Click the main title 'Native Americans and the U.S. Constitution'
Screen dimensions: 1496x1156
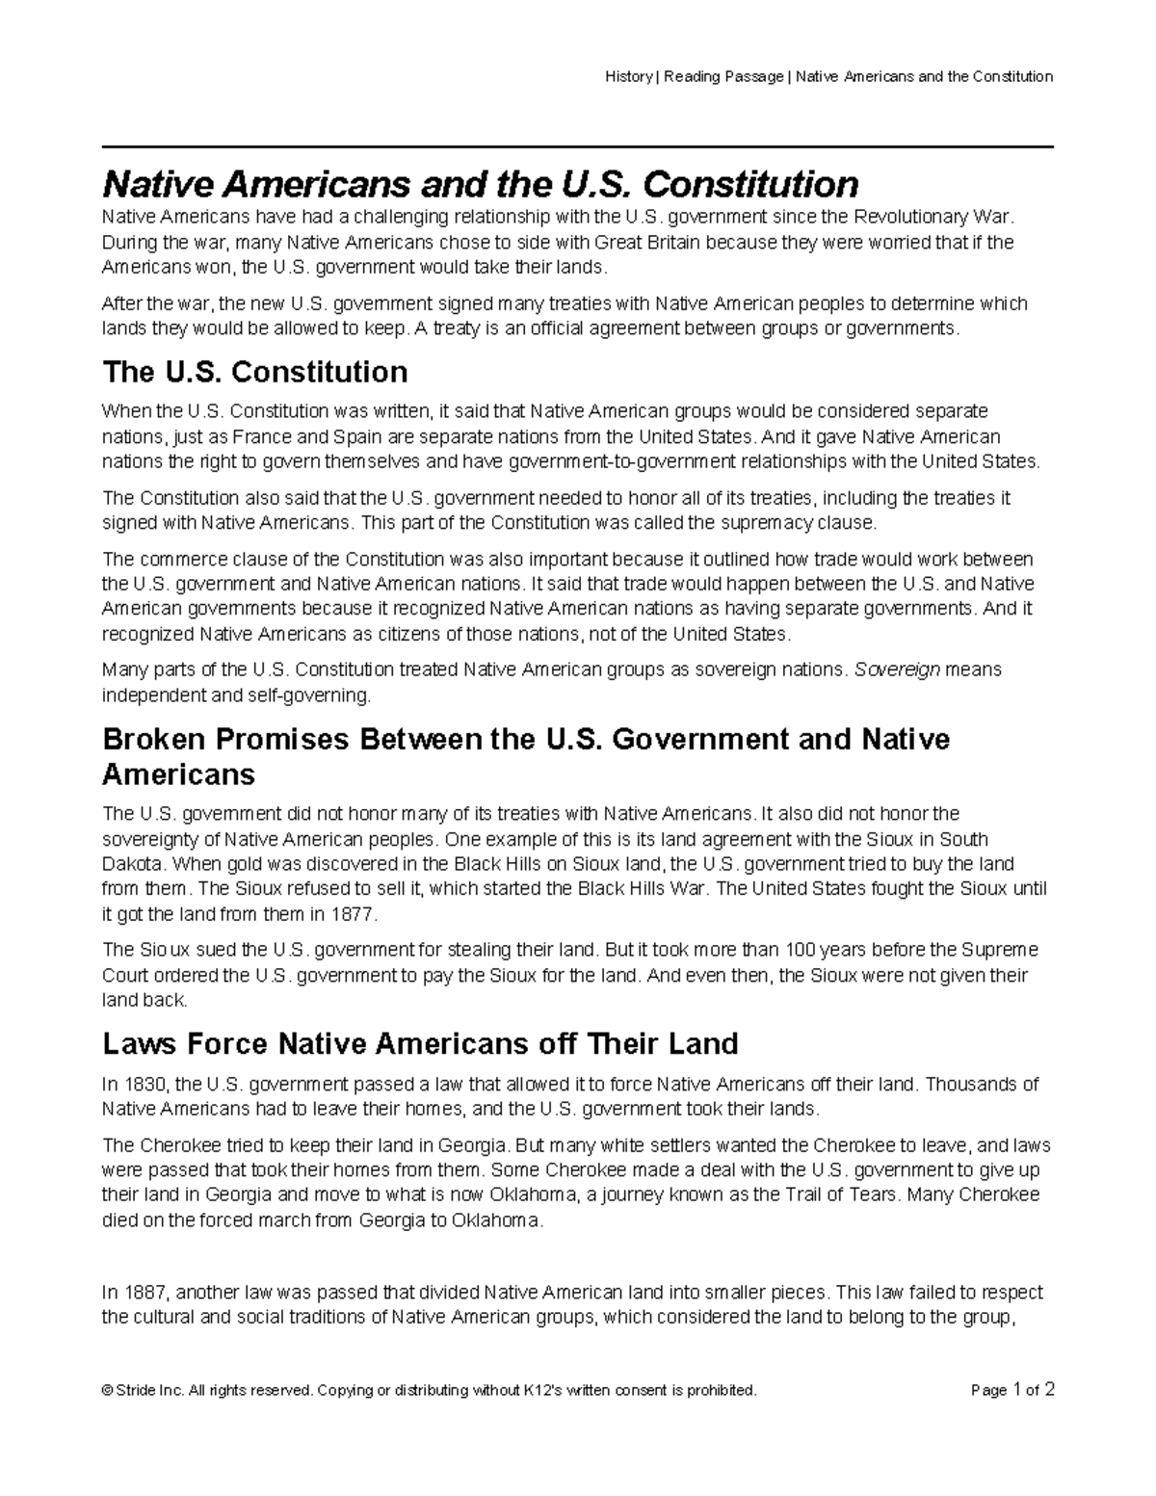pos(480,183)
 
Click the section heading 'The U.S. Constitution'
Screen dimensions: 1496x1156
pos(254,372)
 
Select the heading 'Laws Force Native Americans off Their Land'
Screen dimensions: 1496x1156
pos(420,1043)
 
